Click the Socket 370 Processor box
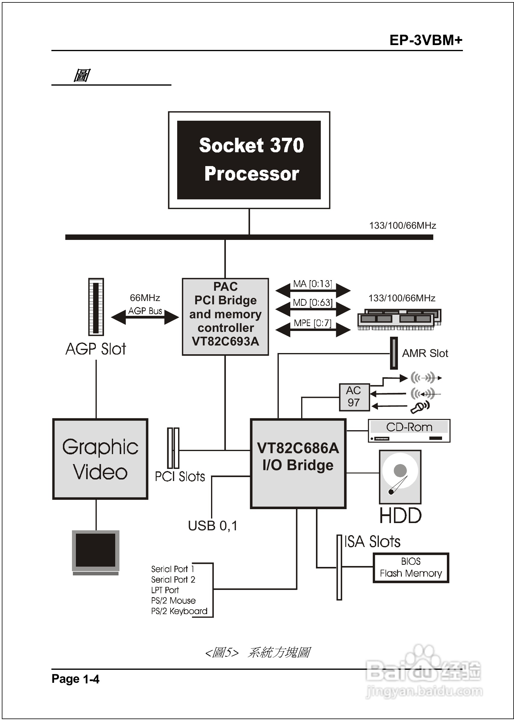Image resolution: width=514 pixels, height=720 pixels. coord(249,160)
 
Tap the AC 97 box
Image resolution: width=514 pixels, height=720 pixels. coord(354,397)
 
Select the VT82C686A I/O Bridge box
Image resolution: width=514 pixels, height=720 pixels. coord(298,463)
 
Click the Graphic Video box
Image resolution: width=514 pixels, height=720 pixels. coord(100,459)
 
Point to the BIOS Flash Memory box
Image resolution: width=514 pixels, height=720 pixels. coord(411,568)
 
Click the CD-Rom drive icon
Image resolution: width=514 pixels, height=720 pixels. coord(409,430)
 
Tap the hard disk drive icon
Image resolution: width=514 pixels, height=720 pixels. coord(400,477)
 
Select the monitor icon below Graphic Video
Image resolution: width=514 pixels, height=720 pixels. coord(96,552)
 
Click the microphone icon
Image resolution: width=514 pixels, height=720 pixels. coord(420,407)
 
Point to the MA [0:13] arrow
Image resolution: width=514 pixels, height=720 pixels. coord(313,290)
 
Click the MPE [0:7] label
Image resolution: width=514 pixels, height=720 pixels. coord(312,323)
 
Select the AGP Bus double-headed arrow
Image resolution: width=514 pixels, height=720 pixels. coord(145,317)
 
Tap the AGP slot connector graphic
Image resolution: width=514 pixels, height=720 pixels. coord(96,306)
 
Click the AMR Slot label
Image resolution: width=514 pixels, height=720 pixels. coord(425,353)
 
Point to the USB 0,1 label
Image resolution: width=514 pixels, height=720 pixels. coord(213,526)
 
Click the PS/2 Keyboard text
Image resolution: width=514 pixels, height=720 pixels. coord(179,611)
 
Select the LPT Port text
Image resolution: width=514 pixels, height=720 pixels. coord(165,590)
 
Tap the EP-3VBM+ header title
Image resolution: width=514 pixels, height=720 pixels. coord(426,40)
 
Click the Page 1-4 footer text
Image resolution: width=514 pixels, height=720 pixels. coord(75,679)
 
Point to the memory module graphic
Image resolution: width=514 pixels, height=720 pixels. coord(399,319)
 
